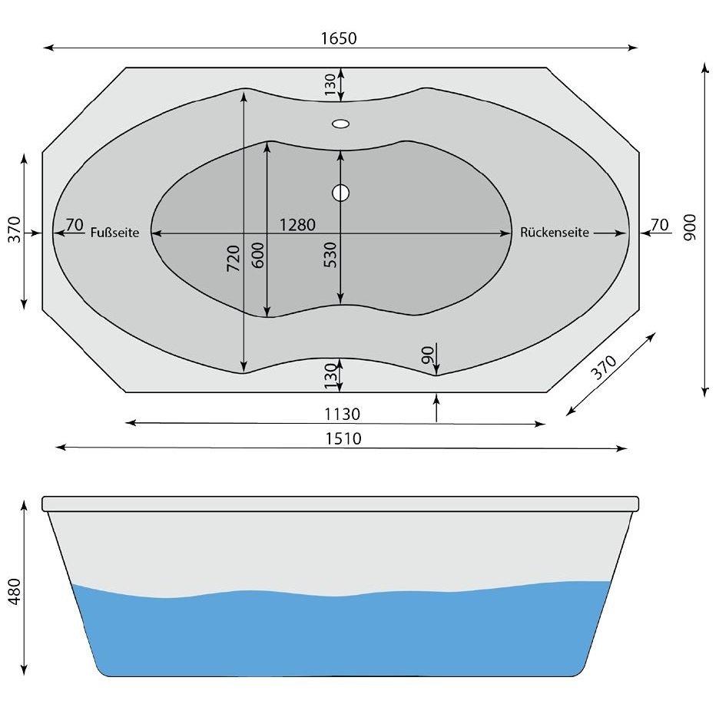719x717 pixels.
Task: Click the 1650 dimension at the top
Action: [340, 38]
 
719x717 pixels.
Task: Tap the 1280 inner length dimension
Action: [297, 224]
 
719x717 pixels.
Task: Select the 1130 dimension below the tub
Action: [342, 415]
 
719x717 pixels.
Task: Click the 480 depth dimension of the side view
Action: [14, 591]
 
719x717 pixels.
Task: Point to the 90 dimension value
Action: [428, 354]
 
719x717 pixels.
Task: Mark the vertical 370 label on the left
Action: [14, 230]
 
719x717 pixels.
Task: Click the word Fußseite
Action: [114, 233]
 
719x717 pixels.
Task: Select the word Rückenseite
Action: [554, 233]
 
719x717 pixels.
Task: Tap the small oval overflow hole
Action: [340, 123]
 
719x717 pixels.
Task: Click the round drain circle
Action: [340, 193]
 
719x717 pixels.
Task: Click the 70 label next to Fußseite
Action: [75, 224]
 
